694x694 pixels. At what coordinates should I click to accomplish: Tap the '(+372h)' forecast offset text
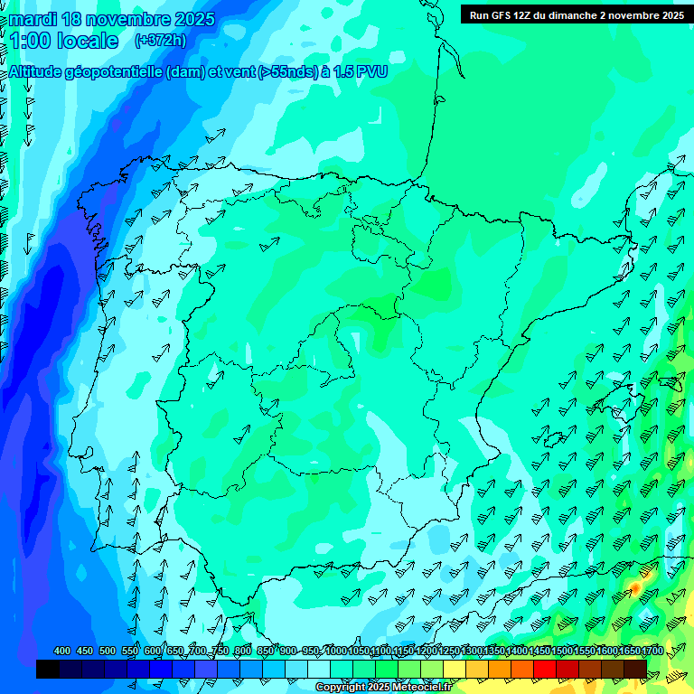click(160, 40)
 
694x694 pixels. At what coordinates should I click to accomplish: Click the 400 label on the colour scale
click(62, 652)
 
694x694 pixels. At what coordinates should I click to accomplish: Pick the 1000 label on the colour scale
click(335, 652)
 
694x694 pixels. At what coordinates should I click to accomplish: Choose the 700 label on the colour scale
click(199, 652)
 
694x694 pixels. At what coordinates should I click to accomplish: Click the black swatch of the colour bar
click(48, 669)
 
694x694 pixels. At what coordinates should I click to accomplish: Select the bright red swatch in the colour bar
click(545, 669)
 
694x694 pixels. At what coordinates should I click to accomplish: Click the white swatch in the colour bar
click(319, 669)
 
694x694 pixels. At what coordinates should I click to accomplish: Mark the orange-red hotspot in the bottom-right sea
click(634, 588)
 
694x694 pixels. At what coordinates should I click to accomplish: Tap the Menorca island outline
click(670, 383)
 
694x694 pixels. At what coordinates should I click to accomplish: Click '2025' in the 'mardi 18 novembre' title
click(194, 19)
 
